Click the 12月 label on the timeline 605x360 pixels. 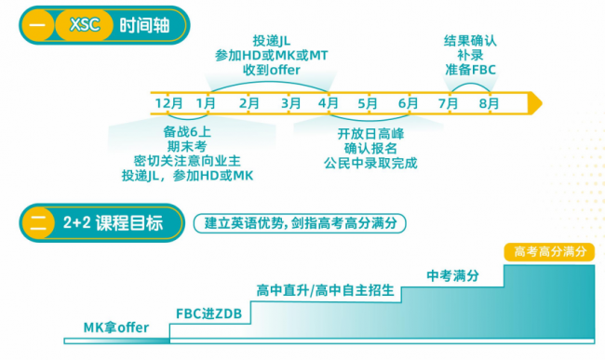[169, 103]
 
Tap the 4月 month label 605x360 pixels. [329, 103]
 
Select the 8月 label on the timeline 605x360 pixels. [490, 103]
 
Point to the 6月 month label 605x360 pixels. [409, 103]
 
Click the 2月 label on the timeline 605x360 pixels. [249, 103]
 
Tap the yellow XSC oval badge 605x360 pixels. [85, 25]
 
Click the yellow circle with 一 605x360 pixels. [37, 25]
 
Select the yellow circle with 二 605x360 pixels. [38, 223]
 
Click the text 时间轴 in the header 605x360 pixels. [144, 26]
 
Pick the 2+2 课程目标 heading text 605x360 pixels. [113, 223]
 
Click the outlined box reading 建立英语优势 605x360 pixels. [300, 223]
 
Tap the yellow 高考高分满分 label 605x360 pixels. [549, 252]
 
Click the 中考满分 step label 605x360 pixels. [453, 275]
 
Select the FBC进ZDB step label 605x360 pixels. [208, 313]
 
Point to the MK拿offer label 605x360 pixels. [116, 327]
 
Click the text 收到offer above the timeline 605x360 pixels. [272, 70]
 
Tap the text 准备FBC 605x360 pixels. [470, 70]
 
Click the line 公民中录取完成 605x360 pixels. [370, 163]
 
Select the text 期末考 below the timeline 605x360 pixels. [187, 146]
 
